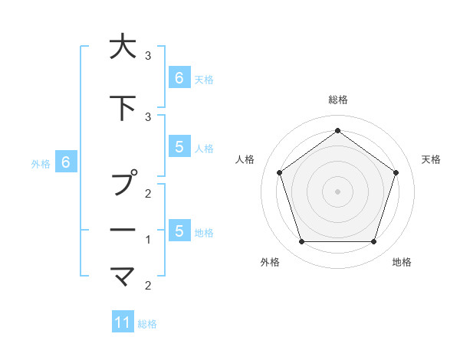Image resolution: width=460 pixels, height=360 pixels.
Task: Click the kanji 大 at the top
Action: pos(123,47)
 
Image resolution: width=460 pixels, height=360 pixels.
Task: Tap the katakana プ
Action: pos(123,184)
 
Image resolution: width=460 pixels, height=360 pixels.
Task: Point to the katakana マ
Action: pos(123,274)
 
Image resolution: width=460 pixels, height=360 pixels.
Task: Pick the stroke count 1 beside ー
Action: pos(148,240)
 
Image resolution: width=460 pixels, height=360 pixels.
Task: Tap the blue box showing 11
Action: pos(123,322)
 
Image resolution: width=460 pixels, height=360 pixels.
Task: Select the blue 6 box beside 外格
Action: pos(66,162)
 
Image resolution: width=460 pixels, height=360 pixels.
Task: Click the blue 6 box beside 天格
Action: pos(179,77)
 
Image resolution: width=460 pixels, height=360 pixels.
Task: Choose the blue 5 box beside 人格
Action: pos(179,147)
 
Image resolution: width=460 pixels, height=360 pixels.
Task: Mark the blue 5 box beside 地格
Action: pos(179,231)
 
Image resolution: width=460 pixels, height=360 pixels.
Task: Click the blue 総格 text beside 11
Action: pos(147,324)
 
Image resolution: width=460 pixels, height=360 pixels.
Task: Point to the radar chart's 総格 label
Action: pos(337,100)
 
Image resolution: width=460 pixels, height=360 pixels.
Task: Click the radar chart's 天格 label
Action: pos(431,159)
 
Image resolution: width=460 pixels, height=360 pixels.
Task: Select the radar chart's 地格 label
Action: pos(402,263)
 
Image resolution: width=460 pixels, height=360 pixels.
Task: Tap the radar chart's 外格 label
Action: pos(270,263)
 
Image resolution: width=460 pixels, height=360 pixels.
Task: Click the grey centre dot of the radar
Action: pos(337,191)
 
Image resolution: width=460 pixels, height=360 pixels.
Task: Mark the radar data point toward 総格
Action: pos(337,130)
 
